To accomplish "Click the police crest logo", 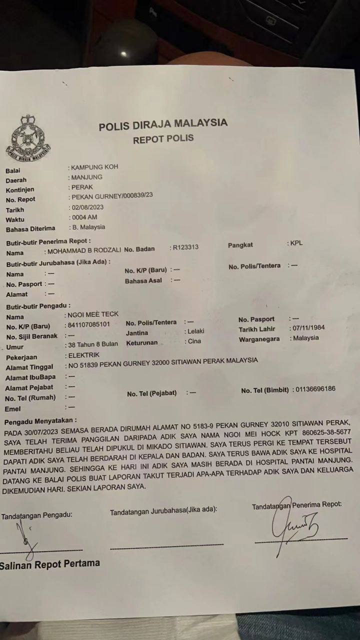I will [x=28, y=139].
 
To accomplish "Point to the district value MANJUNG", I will [x=87, y=177].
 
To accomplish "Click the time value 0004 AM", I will [x=84, y=217].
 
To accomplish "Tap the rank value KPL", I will [x=296, y=243].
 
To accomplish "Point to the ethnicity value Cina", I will [x=194, y=341].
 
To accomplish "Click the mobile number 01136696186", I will [x=315, y=388].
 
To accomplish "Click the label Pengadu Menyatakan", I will [x=40, y=421].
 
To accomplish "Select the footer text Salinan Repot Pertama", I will [x=50, y=564].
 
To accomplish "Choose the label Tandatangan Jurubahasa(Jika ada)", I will [x=163, y=510].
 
